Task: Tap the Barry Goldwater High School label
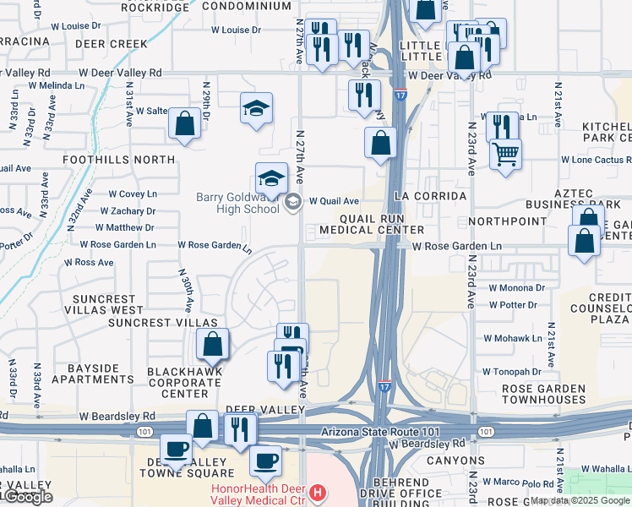pyautogui.click(x=237, y=204)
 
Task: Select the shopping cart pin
pyautogui.click(x=505, y=155)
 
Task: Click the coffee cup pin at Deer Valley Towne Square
pyautogui.click(x=177, y=450)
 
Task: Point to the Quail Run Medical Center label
pyautogui.click(x=370, y=223)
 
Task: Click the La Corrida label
pyautogui.click(x=430, y=196)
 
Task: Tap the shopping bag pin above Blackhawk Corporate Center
pyautogui.click(x=212, y=344)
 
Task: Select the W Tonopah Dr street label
pyautogui.click(x=511, y=371)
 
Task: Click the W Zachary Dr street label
pyautogui.click(x=128, y=210)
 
